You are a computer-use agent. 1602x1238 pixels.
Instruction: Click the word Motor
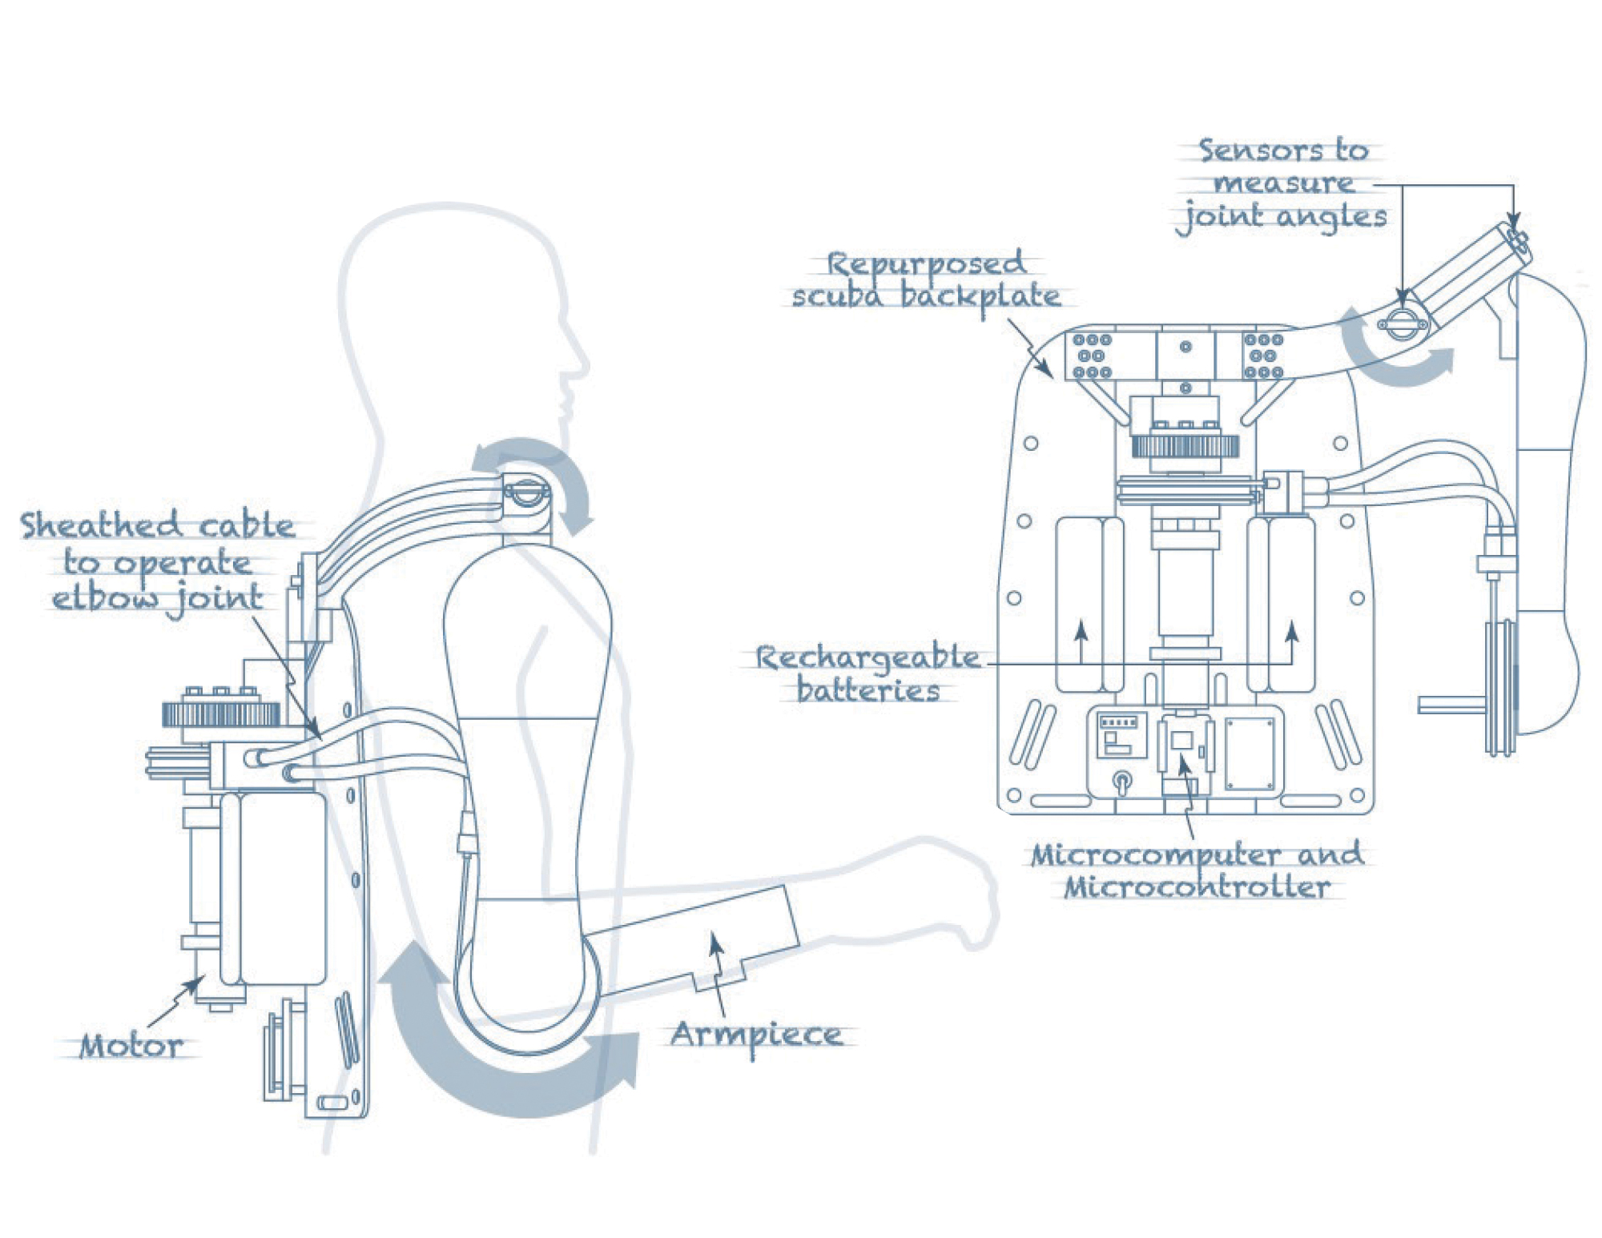click(x=131, y=1046)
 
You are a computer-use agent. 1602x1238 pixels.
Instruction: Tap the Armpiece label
click(x=756, y=1035)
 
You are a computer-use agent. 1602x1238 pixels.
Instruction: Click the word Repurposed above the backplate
click(x=925, y=263)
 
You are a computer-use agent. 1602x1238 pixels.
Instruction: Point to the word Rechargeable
click(x=867, y=657)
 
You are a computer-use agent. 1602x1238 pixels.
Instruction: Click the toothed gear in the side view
click(x=221, y=713)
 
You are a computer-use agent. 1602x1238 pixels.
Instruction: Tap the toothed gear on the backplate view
click(x=1185, y=444)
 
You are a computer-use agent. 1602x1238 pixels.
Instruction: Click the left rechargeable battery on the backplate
click(x=1089, y=605)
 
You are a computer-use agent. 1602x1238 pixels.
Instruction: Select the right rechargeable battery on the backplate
click(x=1281, y=605)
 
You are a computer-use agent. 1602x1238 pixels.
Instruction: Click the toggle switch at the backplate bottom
click(x=1123, y=780)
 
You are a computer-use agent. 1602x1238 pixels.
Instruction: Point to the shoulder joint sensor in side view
click(x=525, y=492)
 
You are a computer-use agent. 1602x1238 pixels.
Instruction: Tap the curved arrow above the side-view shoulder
click(x=545, y=472)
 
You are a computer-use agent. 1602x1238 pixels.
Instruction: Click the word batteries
click(x=868, y=690)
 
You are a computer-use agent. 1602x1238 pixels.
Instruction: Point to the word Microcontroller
click(x=1197, y=887)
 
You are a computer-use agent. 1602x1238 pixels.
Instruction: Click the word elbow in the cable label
click(x=104, y=598)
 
